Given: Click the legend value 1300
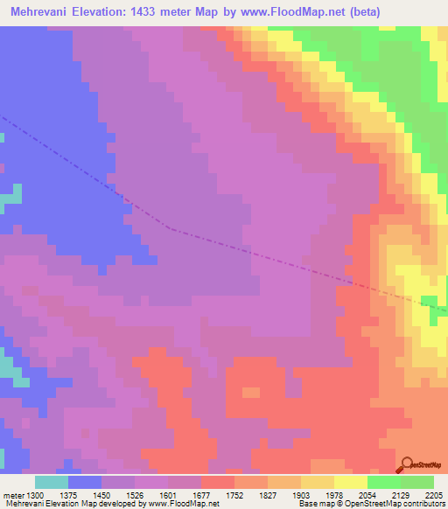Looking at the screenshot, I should [x=35, y=494].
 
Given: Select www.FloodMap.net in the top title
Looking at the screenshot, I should [x=302, y=12].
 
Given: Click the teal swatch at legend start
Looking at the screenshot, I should [x=51, y=482].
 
